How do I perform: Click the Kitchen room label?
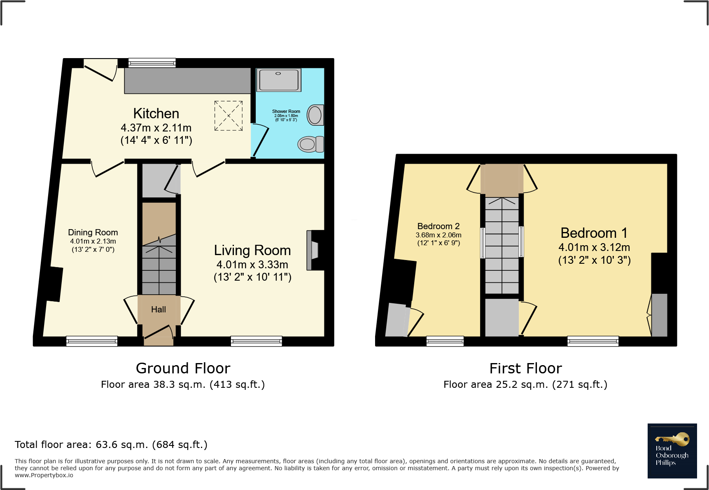(x=156, y=113)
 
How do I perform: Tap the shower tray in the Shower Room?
(x=279, y=80)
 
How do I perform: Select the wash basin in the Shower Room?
(x=315, y=115)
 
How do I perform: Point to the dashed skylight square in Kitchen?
(x=229, y=116)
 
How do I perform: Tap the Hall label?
(x=158, y=309)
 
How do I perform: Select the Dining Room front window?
(x=92, y=341)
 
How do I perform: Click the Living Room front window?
(x=256, y=341)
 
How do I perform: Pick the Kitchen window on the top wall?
(x=152, y=63)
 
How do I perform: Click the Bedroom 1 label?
(x=594, y=233)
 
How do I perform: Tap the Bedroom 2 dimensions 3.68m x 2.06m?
(x=438, y=235)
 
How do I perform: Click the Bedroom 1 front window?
(x=592, y=341)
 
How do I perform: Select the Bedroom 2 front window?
(x=445, y=341)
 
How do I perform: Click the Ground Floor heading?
(x=183, y=368)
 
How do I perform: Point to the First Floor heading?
(x=525, y=368)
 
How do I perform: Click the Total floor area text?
(x=111, y=445)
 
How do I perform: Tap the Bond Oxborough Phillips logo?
(x=672, y=451)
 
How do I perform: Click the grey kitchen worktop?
(x=187, y=81)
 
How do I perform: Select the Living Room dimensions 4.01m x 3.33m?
(x=252, y=265)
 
